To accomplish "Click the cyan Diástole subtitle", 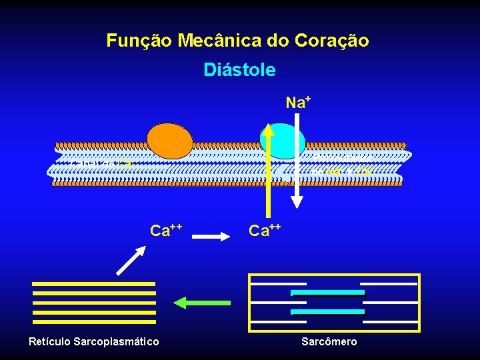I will (239, 70).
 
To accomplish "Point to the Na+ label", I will (299, 103).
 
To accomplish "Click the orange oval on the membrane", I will (170, 141).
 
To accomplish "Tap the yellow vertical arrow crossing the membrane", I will (269, 167).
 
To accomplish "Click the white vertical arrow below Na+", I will (299, 160).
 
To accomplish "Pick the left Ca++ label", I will (166, 231).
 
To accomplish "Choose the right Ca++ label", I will (265, 231).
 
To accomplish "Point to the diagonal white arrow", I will (131, 260).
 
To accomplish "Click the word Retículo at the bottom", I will (51, 342).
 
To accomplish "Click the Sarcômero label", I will (329, 342).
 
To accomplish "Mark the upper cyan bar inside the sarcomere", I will (327, 293).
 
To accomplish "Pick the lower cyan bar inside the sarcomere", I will (327, 312).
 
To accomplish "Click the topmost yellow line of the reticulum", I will (94, 284).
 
